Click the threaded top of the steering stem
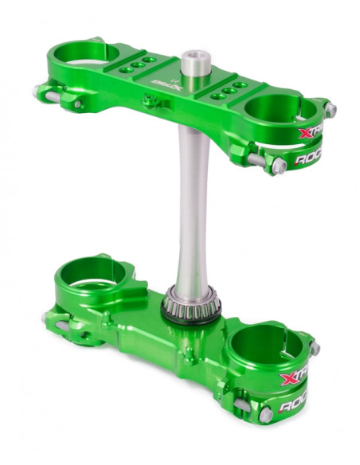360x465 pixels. pyautogui.click(x=191, y=61)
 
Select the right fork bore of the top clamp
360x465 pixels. pyautogui.click(x=280, y=109)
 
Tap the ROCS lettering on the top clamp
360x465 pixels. pyautogui.click(x=312, y=158)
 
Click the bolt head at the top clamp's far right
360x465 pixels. pyautogui.click(x=329, y=110)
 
